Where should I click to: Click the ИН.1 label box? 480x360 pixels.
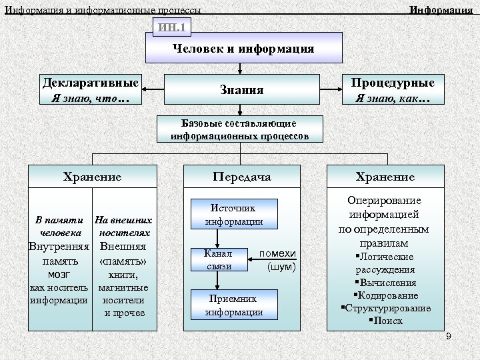173,27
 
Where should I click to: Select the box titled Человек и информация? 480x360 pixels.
243,48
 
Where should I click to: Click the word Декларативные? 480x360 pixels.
91,83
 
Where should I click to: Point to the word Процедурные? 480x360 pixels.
393,83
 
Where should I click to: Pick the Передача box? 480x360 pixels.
242,177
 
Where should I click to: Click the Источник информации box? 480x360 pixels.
233,214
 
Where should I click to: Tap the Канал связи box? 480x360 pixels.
219,259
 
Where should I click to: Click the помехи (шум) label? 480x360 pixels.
277,260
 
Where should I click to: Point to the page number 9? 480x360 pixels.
448,337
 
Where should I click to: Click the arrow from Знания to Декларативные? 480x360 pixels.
153,89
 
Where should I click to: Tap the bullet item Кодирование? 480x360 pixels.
386,295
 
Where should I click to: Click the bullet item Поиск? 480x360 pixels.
386,321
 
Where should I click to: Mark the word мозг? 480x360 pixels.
59,274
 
